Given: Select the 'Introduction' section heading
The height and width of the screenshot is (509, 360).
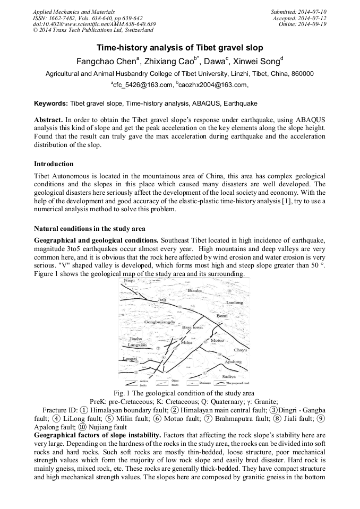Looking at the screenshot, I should (54, 164).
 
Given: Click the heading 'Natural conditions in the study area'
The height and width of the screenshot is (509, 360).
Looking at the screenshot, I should (89, 229).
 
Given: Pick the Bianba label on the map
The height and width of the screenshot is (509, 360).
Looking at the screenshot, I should (195, 291).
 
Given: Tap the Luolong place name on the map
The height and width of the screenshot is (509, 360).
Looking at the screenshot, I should (234, 303).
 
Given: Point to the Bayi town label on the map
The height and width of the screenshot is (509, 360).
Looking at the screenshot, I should (192, 327).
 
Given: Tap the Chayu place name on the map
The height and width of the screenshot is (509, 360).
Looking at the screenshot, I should (240, 350).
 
